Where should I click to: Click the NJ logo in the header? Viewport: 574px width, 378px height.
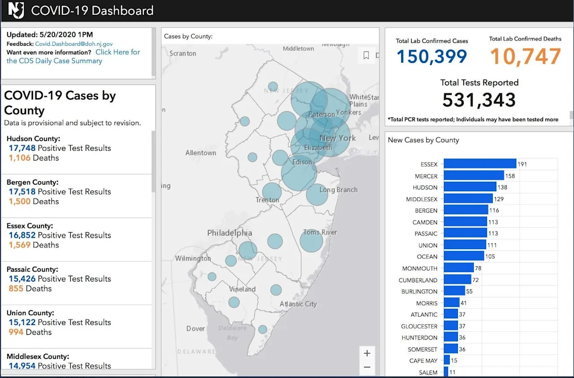pyautogui.click(x=16, y=10)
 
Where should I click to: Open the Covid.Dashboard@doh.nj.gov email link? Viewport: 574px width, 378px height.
pyautogui.click(x=74, y=44)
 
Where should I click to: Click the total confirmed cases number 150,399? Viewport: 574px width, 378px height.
pyautogui.click(x=432, y=57)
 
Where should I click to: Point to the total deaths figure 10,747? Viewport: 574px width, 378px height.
pyautogui.click(x=525, y=56)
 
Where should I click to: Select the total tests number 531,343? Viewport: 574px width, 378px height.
pyautogui.click(x=479, y=100)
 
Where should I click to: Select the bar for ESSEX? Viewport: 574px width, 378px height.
pyautogui.click(x=480, y=163)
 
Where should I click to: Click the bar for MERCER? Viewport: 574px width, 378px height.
pyautogui.click(x=474, y=176)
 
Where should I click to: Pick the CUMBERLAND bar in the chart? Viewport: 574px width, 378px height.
pyautogui.click(x=457, y=279)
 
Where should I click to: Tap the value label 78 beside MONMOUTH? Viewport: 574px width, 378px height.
pyautogui.click(x=478, y=268)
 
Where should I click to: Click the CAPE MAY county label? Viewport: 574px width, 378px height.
pyautogui.click(x=423, y=361)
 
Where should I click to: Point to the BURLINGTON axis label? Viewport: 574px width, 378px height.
pyautogui.click(x=419, y=291)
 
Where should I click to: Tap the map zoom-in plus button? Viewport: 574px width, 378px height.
pyautogui.click(x=367, y=353)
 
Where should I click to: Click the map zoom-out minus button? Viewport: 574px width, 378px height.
pyautogui.click(x=367, y=367)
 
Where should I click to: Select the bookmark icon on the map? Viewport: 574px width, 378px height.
pyautogui.click(x=366, y=55)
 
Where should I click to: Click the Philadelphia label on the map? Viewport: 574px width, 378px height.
pyautogui.click(x=230, y=233)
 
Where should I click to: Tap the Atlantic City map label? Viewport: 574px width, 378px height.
pyautogui.click(x=298, y=304)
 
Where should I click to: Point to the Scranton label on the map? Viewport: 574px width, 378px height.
pyautogui.click(x=183, y=53)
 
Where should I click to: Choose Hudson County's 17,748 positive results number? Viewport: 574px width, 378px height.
pyautogui.click(x=22, y=148)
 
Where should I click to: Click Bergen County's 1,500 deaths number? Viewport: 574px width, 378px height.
pyautogui.click(x=19, y=202)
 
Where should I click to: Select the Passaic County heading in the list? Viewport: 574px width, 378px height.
pyautogui.click(x=32, y=269)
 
